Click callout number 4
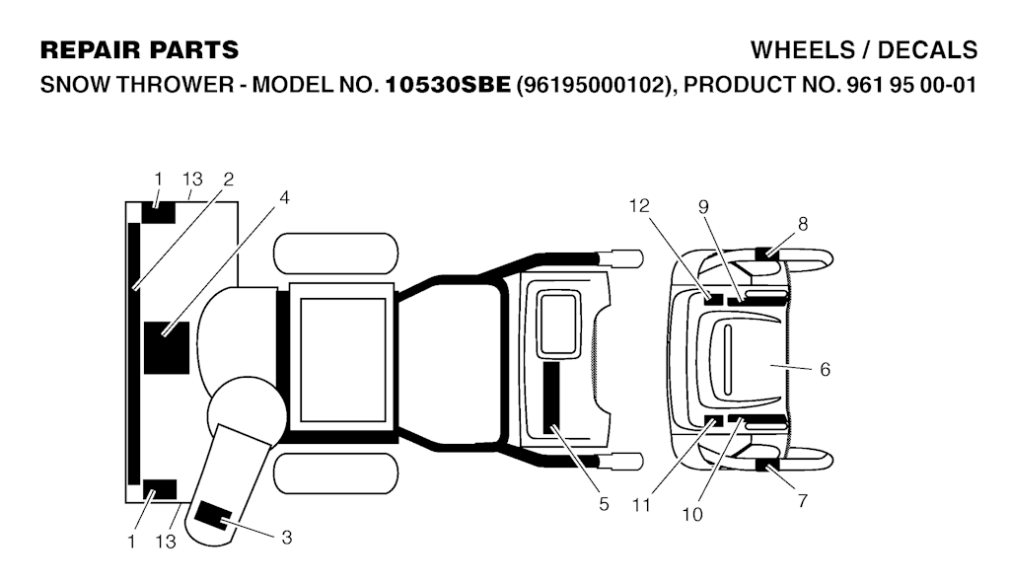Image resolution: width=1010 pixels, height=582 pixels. click(x=284, y=198)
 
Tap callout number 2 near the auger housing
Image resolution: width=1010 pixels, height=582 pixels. click(x=228, y=180)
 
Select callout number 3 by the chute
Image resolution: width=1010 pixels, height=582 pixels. click(x=287, y=537)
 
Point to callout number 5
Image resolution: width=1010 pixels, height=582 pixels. click(x=604, y=504)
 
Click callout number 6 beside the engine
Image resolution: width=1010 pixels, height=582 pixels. click(x=826, y=369)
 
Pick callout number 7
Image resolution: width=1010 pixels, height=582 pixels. click(x=803, y=500)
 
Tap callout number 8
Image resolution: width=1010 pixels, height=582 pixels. click(x=803, y=224)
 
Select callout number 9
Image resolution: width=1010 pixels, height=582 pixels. click(x=703, y=206)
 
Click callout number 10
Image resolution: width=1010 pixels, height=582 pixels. click(x=692, y=514)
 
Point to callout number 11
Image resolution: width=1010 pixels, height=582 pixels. click(x=641, y=505)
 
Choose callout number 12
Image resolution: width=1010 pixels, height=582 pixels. click(x=639, y=205)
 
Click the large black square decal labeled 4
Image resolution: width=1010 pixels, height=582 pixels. click(x=167, y=348)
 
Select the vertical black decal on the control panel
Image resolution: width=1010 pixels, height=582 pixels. click(x=551, y=397)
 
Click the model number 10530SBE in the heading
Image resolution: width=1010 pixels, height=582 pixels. click(x=448, y=85)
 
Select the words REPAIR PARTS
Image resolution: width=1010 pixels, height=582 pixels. click(x=139, y=49)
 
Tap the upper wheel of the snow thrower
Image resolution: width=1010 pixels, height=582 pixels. click(x=336, y=254)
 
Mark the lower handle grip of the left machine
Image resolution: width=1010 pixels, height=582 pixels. click(x=621, y=462)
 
